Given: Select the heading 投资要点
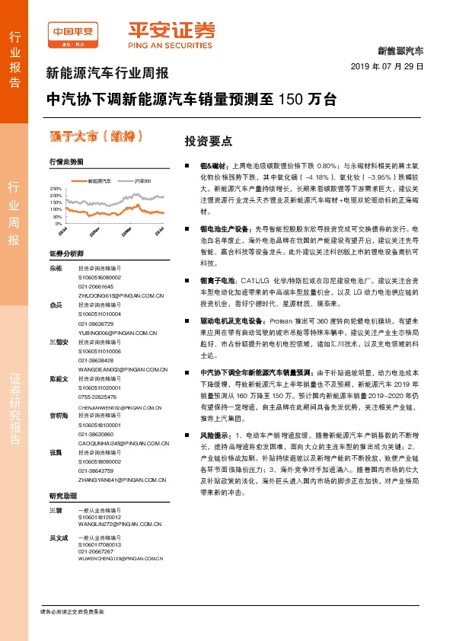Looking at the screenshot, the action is click(209, 142).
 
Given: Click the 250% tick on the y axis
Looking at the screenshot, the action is click(55, 187).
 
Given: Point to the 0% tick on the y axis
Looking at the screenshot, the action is click(58, 225).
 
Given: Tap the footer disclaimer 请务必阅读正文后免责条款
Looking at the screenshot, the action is click(72, 611).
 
